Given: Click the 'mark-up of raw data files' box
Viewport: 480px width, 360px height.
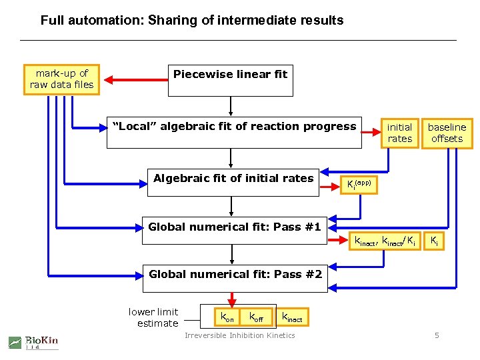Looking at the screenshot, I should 61,79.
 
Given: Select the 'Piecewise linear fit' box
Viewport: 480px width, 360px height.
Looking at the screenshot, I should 230,81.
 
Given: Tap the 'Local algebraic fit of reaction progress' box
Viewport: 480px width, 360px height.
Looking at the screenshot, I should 233,132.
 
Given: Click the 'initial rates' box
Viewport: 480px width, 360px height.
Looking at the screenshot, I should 399,133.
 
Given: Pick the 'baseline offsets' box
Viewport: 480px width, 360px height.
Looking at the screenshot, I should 447,133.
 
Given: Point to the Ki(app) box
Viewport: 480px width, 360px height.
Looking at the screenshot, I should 359,183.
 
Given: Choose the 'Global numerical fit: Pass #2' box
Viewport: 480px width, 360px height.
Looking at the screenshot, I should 235,279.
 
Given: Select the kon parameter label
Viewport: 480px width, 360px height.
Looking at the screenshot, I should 227,317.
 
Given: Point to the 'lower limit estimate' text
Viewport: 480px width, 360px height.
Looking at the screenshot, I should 153,317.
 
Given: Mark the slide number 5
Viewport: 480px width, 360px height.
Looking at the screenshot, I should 437,335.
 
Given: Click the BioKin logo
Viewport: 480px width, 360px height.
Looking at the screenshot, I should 33,342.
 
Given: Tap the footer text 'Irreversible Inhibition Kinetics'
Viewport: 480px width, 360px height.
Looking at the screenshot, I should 239,335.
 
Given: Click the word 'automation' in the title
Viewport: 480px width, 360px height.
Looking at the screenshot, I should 102,20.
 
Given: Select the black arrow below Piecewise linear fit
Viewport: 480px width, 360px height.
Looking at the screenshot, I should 231,106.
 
